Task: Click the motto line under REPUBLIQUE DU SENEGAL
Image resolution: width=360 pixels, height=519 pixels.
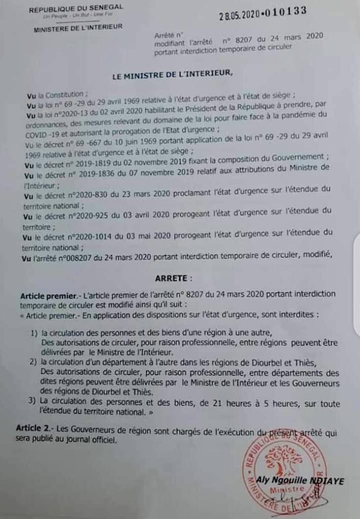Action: point(76,16)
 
